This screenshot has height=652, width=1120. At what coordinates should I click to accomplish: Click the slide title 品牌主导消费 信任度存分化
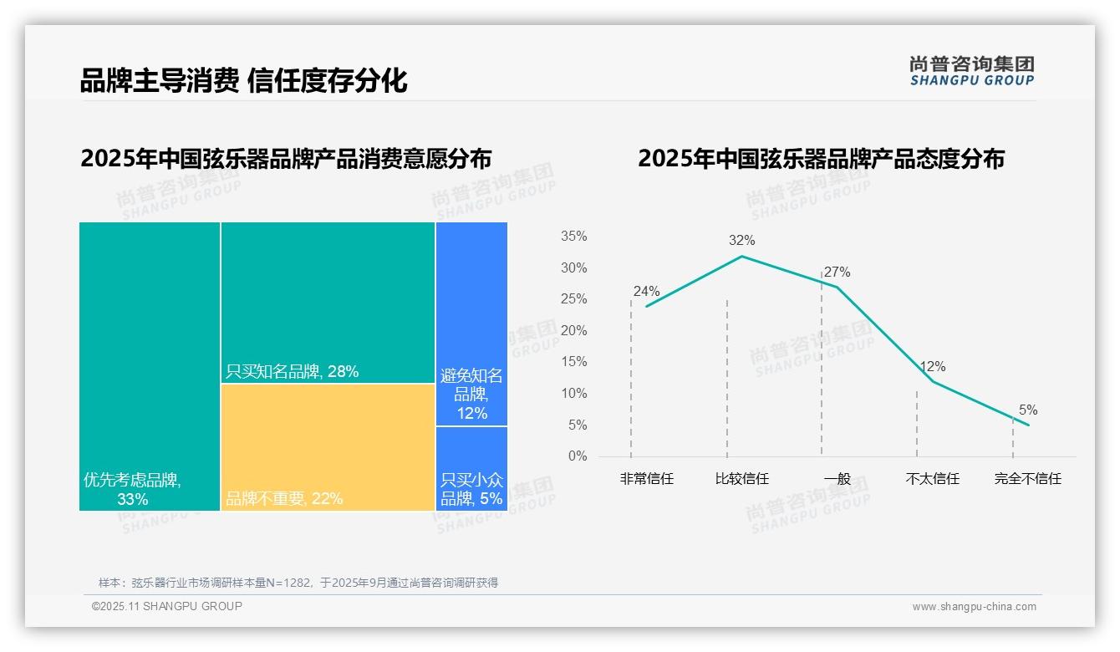(243, 81)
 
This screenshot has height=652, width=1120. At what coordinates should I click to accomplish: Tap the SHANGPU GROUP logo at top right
(971, 71)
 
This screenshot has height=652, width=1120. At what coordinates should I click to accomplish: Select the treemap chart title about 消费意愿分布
(286, 159)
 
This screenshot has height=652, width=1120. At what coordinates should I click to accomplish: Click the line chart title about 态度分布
(821, 159)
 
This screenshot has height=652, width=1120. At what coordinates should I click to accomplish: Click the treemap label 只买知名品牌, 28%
(292, 372)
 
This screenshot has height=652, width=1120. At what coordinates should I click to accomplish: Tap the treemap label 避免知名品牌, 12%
(471, 395)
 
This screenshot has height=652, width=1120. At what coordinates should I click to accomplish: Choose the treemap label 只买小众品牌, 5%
(471, 490)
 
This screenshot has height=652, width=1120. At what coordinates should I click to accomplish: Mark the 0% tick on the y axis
(577, 456)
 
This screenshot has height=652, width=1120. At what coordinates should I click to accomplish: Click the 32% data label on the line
(741, 241)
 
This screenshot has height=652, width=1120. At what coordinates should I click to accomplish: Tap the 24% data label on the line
(646, 292)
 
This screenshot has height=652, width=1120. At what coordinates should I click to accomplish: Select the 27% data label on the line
(837, 273)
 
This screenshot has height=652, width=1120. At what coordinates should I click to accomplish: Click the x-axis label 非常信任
(646, 479)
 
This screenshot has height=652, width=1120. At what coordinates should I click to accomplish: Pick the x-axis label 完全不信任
(1027, 479)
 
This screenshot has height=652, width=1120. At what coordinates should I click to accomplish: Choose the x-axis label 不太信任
(932, 479)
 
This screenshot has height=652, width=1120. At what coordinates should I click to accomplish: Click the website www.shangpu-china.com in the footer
(974, 607)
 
